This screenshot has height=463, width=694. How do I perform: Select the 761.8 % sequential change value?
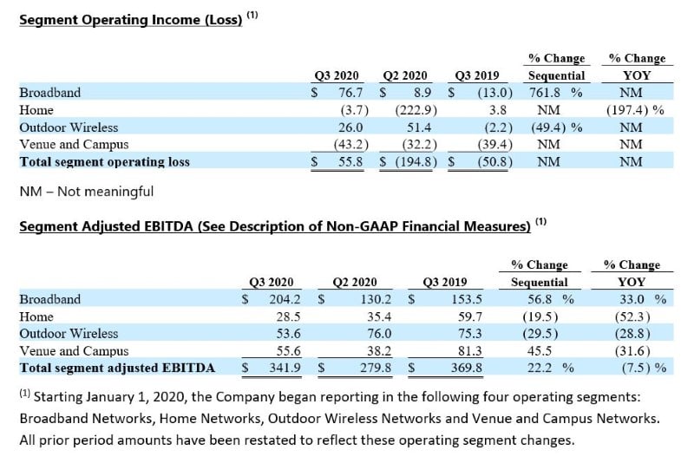pos(555,93)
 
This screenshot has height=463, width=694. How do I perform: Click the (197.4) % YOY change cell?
pos(634,110)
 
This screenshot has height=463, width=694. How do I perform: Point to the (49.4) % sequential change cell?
pos(555,127)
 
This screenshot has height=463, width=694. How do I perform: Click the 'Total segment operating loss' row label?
pos(104,161)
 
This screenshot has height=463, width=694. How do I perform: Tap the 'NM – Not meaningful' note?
pos(86,191)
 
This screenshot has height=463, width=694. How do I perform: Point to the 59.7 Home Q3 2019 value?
pos(456,316)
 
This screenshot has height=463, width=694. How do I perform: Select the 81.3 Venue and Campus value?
pos(456,351)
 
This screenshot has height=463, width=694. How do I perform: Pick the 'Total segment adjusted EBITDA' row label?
pos(117,368)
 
